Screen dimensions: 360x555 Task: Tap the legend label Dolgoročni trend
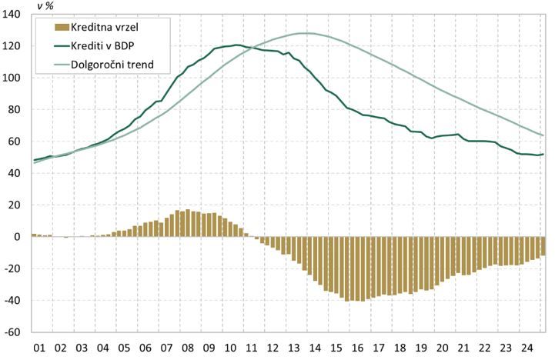pyautogui.click(x=112, y=64)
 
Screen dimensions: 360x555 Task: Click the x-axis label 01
pyautogui.click(x=40, y=348)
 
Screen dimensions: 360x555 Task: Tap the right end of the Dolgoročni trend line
pyautogui.click(x=543, y=135)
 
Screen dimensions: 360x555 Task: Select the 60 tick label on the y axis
pyautogui.click(x=18, y=142)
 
